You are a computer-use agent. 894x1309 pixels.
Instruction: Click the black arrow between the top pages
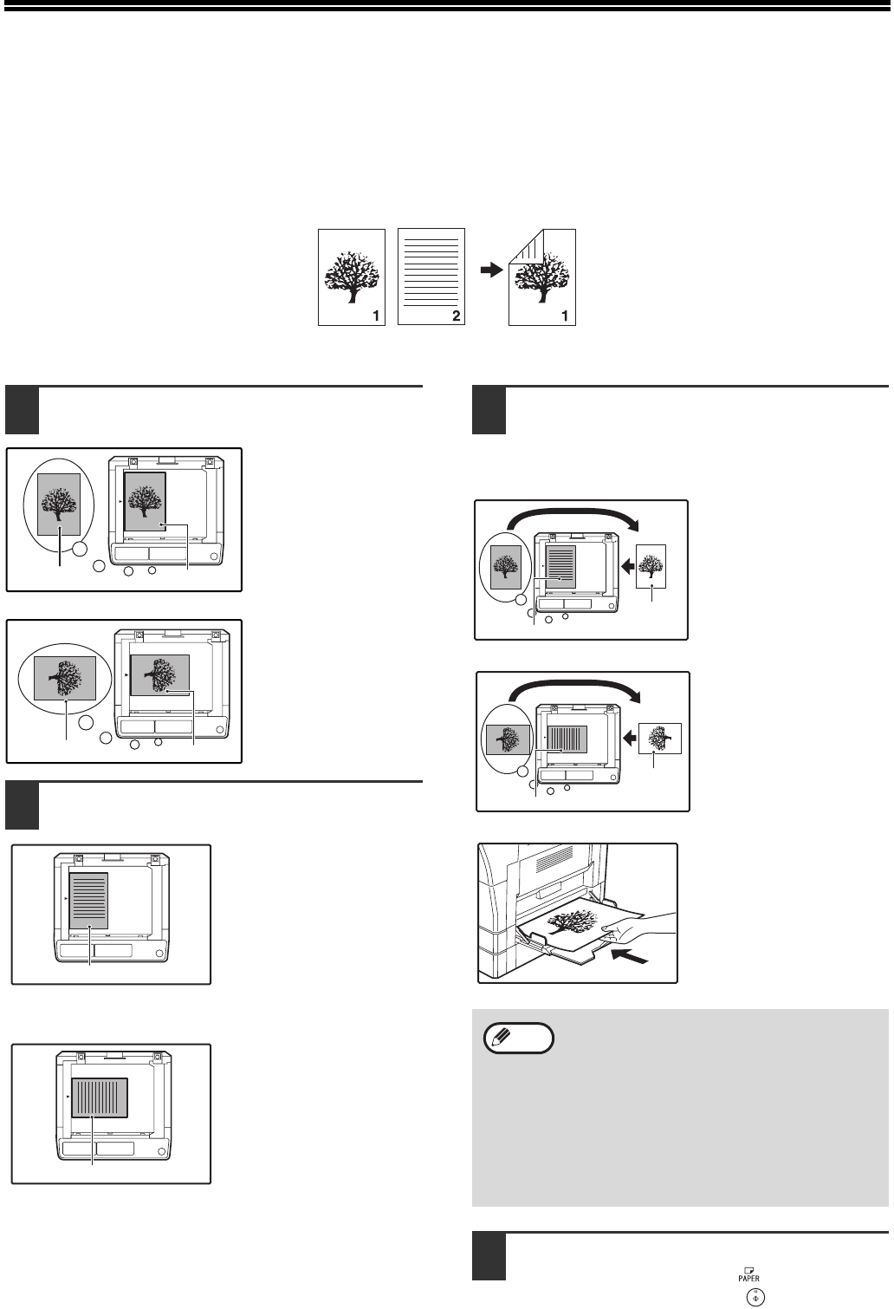(490, 270)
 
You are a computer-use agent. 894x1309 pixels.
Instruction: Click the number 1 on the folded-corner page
(565, 316)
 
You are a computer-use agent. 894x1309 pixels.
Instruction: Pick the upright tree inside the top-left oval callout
(60, 505)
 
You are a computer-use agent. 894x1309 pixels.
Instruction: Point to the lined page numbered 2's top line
(431, 238)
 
